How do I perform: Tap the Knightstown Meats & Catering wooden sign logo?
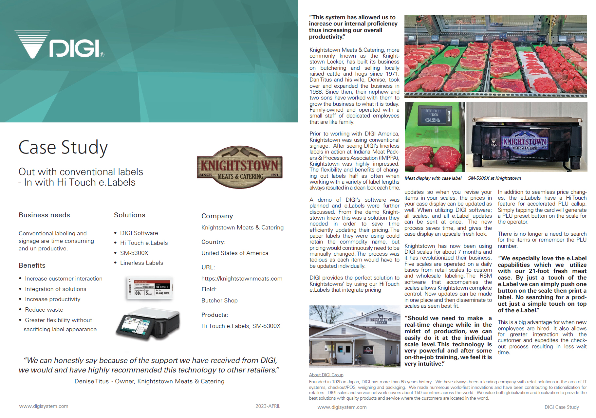pos(239,167)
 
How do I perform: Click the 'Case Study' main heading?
pos(63,147)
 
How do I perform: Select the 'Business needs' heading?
pos(44,215)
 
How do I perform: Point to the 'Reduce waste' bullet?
pos(44,310)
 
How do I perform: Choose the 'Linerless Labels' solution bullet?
pos(141,263)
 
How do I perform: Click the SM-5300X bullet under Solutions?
pos(134,253)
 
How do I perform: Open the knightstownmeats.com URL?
pos(242,279)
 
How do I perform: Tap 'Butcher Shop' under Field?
pos(219,300)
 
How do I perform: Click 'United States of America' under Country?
pos(234,253)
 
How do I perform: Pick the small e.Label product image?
pos(149,288)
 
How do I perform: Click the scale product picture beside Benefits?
pos(148,324)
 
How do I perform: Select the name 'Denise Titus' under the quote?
pos(91,381)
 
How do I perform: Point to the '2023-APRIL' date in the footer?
pos(268,406)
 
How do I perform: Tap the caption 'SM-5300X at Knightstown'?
pos(494,178)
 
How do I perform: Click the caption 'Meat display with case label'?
pos(433,178)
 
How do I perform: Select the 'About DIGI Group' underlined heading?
pos(326,375)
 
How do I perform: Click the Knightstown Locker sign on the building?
pos(381,321)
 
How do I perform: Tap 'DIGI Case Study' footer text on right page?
pos(561,407)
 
